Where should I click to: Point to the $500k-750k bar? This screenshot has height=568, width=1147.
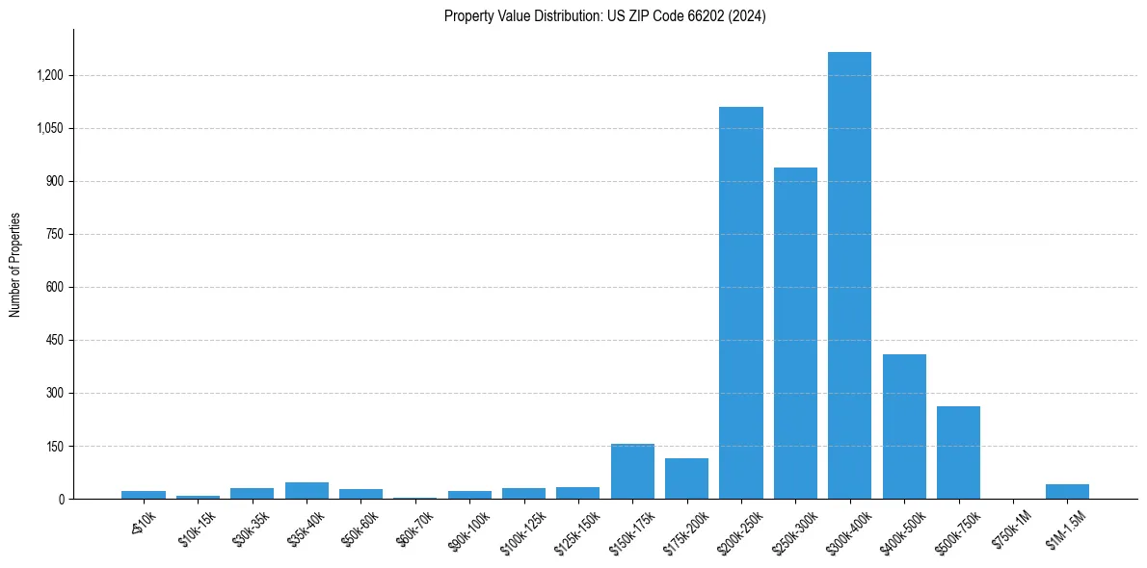point(958,452)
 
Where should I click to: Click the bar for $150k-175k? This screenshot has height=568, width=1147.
point(632,471)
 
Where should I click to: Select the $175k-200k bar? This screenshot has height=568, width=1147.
point(686,478)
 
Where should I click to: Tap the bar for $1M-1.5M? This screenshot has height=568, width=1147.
point(1067,491)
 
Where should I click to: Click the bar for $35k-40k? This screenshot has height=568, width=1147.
point(307,490)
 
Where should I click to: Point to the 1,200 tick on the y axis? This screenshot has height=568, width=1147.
point(50,75)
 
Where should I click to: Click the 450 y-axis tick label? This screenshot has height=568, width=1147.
point(54,340)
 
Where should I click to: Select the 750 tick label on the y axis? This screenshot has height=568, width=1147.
point(54,234)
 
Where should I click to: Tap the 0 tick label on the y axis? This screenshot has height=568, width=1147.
point(60,499)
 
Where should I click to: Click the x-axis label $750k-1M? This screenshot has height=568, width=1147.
point(1012,528)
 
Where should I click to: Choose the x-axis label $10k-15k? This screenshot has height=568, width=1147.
point(199,528)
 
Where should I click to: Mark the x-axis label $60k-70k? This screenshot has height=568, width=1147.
point(415,528)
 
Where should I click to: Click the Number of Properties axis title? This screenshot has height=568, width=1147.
point(15,264)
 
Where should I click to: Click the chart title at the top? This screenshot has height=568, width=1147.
point(604,16)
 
